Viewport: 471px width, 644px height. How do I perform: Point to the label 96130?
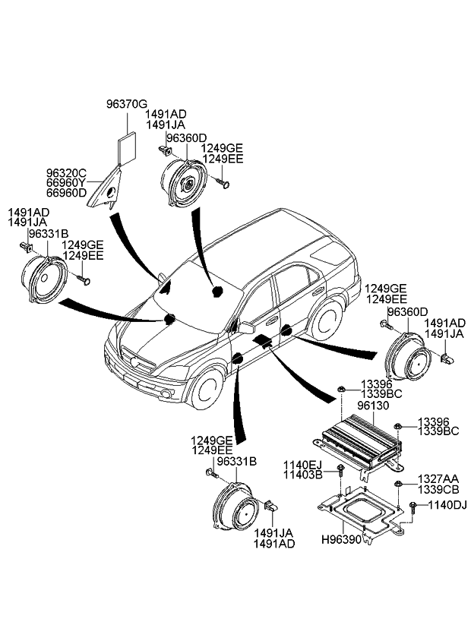(371, 406)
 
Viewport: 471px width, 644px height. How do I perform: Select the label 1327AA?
(438, 479)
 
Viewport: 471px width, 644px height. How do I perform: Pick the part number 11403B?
(302, 475)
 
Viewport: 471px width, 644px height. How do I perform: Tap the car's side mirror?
(247, 327)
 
